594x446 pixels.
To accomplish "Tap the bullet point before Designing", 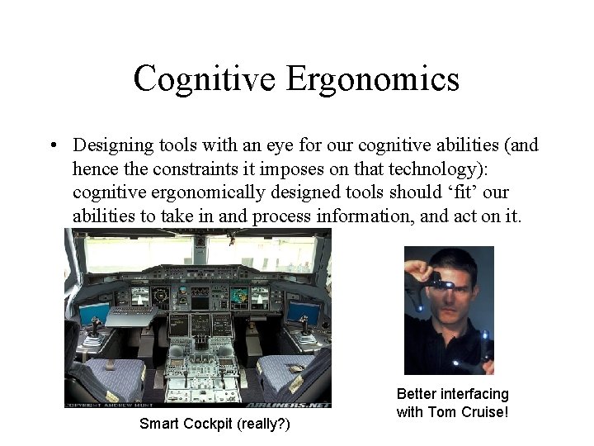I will [x=52, y=146].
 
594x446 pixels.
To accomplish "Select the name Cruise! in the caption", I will [x=482, y=411].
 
